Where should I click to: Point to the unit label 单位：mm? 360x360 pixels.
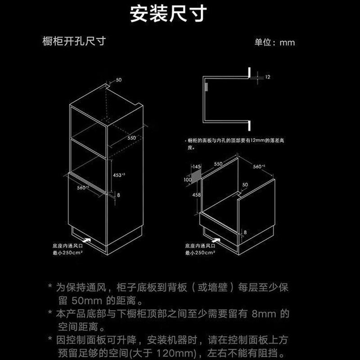pos(274,42)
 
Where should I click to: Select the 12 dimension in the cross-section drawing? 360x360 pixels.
pos(267,77)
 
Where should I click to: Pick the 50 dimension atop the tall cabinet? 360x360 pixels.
pos(119,80)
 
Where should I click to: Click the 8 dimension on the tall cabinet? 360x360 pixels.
pos(118,195)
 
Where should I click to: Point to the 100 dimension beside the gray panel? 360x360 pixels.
pos(188,179)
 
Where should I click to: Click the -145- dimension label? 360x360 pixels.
pos(196,166)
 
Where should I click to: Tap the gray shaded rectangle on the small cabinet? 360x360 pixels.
pos(197,177)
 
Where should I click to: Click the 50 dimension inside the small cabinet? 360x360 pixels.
pos(245,184)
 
